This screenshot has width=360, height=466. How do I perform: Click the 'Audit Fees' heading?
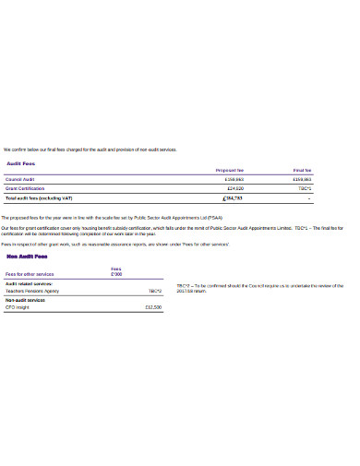(x=21, y=163)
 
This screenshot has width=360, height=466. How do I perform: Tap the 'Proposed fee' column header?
(x=229, y=171)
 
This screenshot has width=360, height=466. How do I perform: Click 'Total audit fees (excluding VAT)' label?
(x=39, y=197)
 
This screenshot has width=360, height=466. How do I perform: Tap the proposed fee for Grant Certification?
(x=234, y=188)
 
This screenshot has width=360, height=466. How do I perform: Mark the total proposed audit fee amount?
(x=233, y=197)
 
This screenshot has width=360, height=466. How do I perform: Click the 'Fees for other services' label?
(x=30, y=274)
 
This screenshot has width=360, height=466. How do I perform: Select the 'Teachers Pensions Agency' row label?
(x=32, y=291)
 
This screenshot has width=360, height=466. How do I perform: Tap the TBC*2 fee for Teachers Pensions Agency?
(x=154, y=291)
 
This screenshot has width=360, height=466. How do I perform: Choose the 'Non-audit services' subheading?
(x=27, y=299)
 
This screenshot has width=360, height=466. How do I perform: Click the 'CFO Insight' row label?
(x=18, y=306)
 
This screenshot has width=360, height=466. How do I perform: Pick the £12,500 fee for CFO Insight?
(x=152, y=306)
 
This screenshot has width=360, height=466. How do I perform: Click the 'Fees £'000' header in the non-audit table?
(x=115, y=271)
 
